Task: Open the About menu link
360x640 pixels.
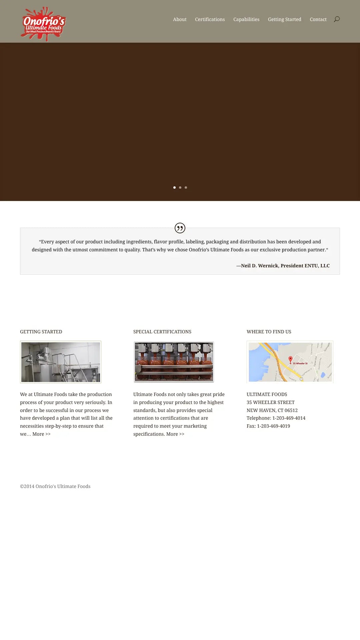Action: (180, 19)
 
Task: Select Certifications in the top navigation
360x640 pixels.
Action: (210, 19)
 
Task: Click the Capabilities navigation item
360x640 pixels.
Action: (246, 19)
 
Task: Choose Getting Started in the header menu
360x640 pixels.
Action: (285, 19)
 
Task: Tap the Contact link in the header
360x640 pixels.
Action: (318, 19)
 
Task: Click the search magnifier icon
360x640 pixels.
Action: (337, 19)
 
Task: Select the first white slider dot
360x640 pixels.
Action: (174, 187)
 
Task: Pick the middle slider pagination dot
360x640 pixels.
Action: (180, 187)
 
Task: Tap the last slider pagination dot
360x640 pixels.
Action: (186, 187)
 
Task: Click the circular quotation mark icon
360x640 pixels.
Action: (180, 228)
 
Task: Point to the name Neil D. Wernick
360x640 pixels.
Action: (259, 266)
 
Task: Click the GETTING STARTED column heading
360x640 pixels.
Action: (41, 332)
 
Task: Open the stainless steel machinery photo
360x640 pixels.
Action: (61, 362)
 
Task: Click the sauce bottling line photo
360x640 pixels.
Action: (174, 362)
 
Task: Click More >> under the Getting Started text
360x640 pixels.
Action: (41, 434)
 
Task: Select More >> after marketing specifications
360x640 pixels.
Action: (175, 434)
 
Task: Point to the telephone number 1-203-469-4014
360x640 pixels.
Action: (289, 418)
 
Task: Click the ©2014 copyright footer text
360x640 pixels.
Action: (55, 486)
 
